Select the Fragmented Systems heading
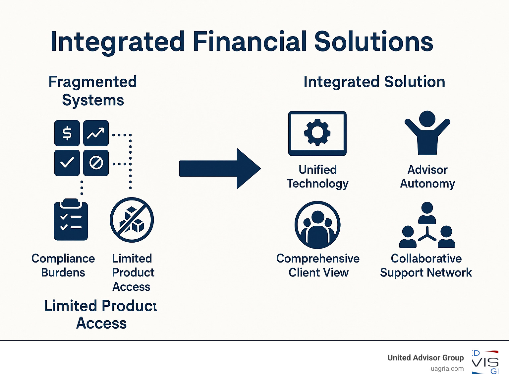[93, 91]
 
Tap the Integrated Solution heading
[374, 82]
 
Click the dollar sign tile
[67, 133]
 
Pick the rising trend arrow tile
[96, 133]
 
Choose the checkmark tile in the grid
[67, 163]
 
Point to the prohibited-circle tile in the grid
[96, 163]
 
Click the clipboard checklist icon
[71, 220]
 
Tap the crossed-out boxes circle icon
[132, 220]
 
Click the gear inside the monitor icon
[317, 132]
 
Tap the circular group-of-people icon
[317, 225]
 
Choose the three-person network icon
[427, 226]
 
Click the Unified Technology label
[317, 177]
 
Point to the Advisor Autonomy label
[427, 177]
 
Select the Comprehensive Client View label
[318, 266]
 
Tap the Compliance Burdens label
[63, 266]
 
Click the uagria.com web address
[447, 368]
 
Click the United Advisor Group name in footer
[425, 357]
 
